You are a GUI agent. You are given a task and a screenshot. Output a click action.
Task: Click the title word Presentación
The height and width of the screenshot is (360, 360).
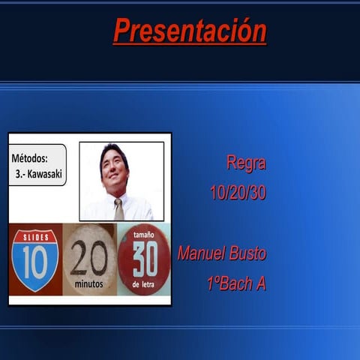tap(190, 31)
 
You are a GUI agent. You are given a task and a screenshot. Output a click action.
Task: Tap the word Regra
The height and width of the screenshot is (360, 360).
tap(246, 162)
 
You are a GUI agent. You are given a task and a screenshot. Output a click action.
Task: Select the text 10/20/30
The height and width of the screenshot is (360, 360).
tap(238, 193)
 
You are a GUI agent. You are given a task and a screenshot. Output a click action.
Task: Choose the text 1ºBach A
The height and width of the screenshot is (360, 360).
tap(235, 284)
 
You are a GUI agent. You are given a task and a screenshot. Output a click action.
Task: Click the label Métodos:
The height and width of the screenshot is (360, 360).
tap(30, 158)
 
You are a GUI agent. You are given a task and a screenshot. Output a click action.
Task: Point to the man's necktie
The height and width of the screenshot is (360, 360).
tap(118, 209)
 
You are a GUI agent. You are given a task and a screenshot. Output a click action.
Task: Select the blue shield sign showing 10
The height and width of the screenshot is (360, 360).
tap(34, 259)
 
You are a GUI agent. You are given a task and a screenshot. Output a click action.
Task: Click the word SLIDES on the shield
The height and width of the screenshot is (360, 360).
tap(34, 236)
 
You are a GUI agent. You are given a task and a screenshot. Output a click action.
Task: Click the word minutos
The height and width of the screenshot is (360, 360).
tap(89, 285)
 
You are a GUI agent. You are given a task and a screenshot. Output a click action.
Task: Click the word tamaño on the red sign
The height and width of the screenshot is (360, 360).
tap(144, 235)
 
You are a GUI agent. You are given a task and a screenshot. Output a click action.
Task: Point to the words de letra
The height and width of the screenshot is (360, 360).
tap(144, 286)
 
